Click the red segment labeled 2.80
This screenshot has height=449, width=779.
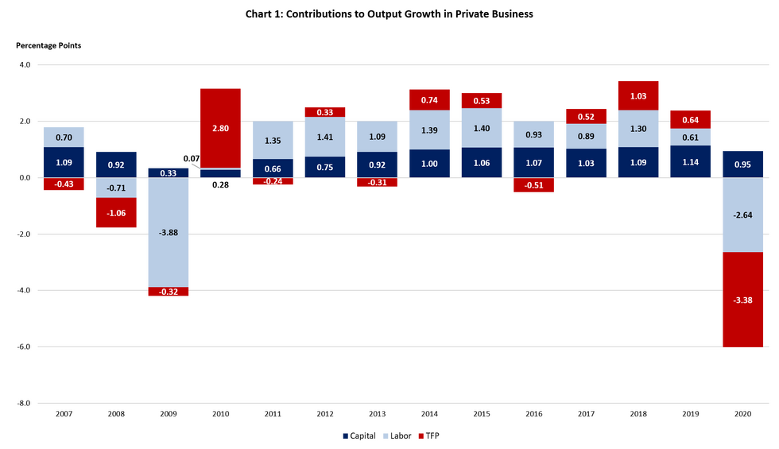pyautogui.click(x=220, y=127)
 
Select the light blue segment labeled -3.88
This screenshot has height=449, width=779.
pyautogui.click(x=168, y=231)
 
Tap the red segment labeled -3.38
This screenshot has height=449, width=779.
pyautogui.click(x=742, y=300)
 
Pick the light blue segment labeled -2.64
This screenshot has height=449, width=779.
pyautogui.click(x=742, y=215)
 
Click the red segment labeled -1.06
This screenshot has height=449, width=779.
pyautogui.click(x=116, y=213)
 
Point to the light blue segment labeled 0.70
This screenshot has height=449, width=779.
pyautogui.click(x=64, y=137)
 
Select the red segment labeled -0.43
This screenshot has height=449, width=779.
pyautogui.click(x=64, y=184)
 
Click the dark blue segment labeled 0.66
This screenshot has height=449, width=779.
pyautogui.click(x=273, y=168)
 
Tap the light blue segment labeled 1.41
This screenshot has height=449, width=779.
pyautogui.click(x=325, y=137)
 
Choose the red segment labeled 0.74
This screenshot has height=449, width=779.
pyautogui.click(x=430, y=99)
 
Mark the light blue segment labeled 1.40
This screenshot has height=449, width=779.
pyautogui.click(x=482, y=128)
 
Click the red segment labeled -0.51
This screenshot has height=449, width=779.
pyautogui.click(x=534, y=185)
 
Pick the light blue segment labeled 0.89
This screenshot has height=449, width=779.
pyautogui.click(x=586, y=136)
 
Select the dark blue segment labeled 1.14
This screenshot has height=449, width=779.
pyautogui.click(x=690, y=161)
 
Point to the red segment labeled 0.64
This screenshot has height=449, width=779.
pyautogui.click(x=690, y=119)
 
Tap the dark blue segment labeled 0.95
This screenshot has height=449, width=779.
pyautogui.click(x=742, y=164)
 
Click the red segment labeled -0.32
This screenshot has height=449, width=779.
pyautogui.click(x=168, y=292)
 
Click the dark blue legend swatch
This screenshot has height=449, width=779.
pyautogui.click(x=345, y=436)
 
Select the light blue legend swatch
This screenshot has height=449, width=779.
pyautogui.click(x=386, y=436)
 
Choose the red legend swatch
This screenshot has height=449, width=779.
pyautogui.click(x=421, y=436)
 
